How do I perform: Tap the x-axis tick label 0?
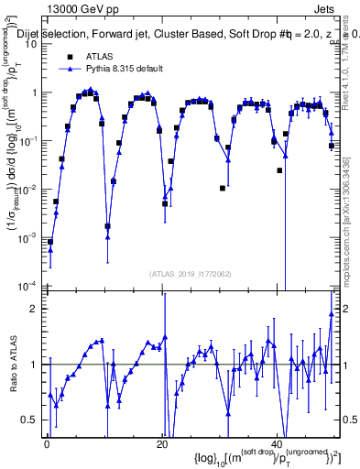[46, 445]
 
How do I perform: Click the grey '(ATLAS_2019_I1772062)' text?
[191, 274]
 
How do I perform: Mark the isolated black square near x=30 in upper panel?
[223, 188]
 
